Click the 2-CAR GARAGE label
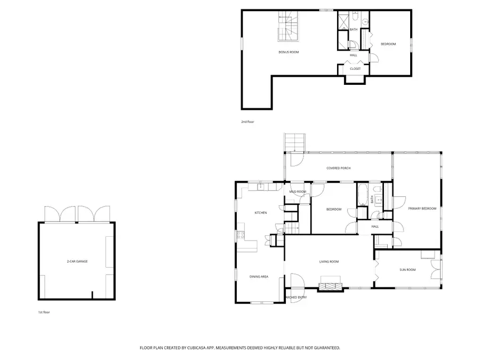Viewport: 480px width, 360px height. point(77,262)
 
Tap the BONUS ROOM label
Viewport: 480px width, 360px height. point(289,52)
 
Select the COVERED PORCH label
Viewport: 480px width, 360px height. point(339,168)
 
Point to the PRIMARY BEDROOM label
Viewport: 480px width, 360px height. point(422,209)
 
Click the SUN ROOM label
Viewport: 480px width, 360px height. point(407,270)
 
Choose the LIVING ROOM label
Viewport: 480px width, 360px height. point(329,261)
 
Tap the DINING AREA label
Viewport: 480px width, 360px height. point(259,277)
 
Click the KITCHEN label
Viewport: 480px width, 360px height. point(260,213)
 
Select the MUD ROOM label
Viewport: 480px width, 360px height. point(298,191)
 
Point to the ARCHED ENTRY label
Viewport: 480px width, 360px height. point(297,297)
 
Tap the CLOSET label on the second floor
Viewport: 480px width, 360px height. point(355,69)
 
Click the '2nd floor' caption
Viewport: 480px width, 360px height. point(247,122)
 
